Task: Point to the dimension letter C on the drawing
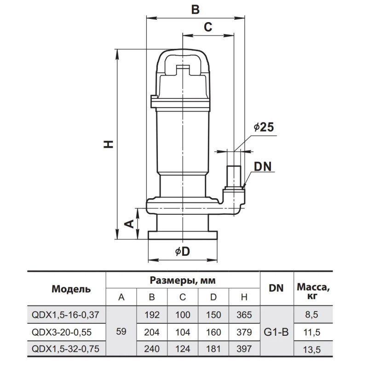point(208,28)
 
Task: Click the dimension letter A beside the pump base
point(130,224)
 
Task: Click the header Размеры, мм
point(183,280)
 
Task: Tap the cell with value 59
point(121,332)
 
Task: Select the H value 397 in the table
point(244,349)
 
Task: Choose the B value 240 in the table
point(152,349)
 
